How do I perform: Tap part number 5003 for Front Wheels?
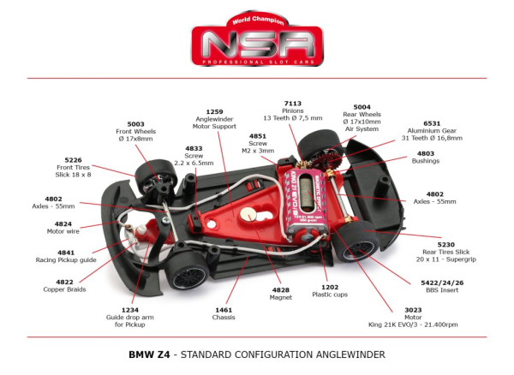coord(135,124)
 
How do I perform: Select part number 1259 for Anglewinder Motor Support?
coord(214,111)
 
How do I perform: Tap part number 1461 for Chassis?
coord(224,310)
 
